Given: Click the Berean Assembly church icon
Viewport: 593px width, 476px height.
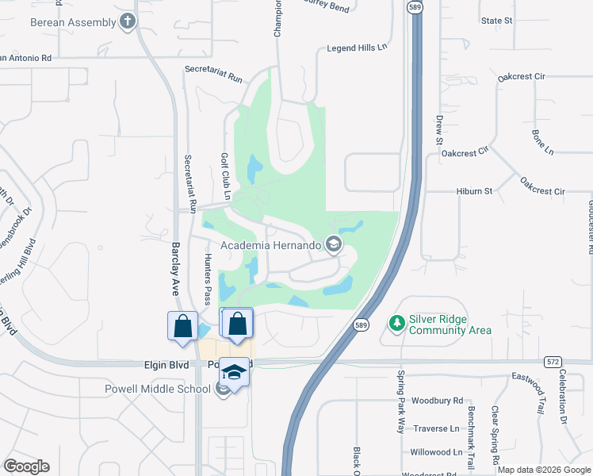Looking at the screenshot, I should click(127, 22).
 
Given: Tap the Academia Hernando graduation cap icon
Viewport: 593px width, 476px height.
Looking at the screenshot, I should click(334, 245).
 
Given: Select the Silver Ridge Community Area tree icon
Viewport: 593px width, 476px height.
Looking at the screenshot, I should click(396, 324).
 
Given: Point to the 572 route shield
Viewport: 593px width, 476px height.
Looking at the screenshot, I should click(553, 362).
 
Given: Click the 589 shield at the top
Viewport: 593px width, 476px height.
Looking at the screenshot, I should click(415, 6).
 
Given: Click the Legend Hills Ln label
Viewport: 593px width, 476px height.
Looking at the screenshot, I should click(357, 48).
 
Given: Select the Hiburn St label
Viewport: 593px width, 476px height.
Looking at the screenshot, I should click(474, 191).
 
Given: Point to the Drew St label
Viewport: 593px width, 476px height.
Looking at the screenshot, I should click(438, 129).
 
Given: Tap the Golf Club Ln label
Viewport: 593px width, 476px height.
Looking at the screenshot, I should click(225, 176).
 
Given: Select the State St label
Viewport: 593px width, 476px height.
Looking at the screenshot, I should click(496, 20).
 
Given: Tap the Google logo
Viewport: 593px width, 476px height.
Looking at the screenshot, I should click(26, 466).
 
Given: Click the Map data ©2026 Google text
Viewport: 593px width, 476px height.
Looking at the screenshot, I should click(543, 470).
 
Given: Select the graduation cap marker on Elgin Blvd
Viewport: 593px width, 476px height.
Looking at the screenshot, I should click(234, 371).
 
